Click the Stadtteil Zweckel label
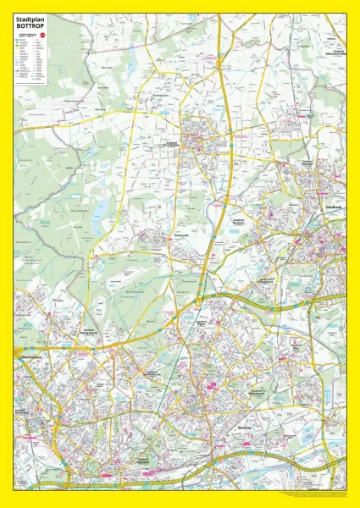coord(307,163)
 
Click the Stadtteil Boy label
coord(296,347)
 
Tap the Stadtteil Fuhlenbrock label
coord(153,372)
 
